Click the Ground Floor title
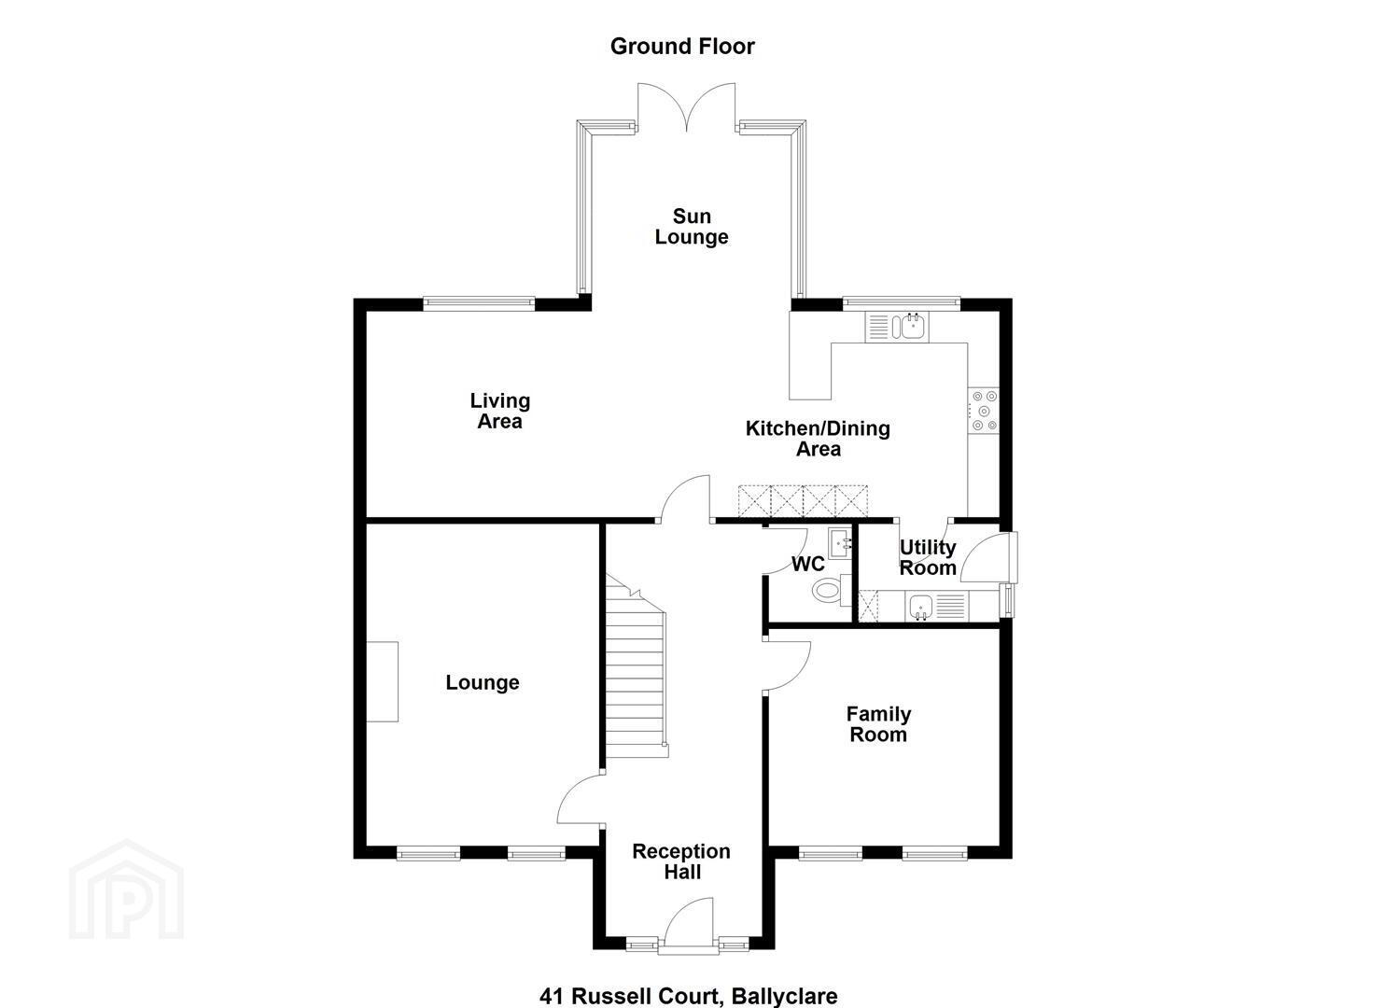(682, 47)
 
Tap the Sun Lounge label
(692, 227)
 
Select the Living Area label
(500, 411)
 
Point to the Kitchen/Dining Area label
(818, 438)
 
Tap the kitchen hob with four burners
(983, 410)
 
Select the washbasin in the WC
(840, 543)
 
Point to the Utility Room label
(928, 557)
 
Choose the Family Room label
(878, 724)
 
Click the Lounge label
(482, 682)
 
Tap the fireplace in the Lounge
(382, 682)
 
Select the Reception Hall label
(681, 862)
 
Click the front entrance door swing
(689, 923)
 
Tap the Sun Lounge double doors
(687, 107)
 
